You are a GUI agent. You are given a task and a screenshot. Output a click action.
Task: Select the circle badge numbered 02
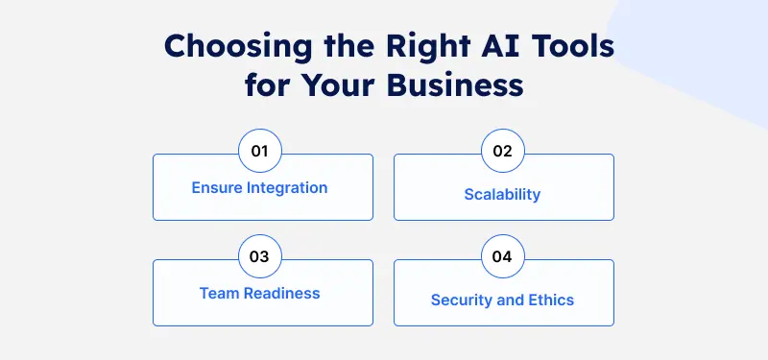[x=503, y=152]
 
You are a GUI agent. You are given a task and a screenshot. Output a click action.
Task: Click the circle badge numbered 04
[x=503, y=257]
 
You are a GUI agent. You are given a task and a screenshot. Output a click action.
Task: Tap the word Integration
[x=289, y=187]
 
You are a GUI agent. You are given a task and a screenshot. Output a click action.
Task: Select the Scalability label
[x=503, y=194]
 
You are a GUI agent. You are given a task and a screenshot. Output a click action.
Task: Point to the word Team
[x=218, y=293]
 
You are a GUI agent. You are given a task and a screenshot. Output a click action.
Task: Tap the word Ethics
[x=551, y=300]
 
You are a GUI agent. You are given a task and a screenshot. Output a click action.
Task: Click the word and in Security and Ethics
[x=512, y=300]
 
